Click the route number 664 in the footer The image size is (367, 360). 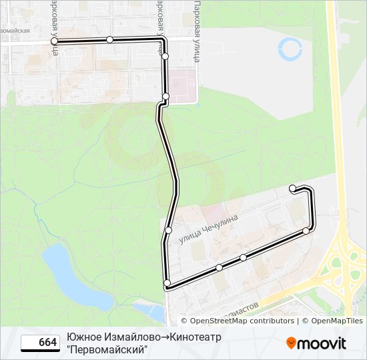[47, 343]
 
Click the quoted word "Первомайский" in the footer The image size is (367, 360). [106, 349]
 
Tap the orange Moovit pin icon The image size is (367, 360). [292, 343]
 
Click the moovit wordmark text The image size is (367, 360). [322, 343]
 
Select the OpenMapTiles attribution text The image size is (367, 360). [337, 321]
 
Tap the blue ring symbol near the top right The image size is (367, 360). [290, 48]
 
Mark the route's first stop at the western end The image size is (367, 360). [54, 41]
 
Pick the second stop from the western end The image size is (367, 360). [109, 40]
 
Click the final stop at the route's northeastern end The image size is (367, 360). [292, 189]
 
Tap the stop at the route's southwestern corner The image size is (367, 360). [167, 284]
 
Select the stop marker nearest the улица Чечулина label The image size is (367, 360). [168, 230]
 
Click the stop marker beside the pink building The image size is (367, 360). [165, 97]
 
